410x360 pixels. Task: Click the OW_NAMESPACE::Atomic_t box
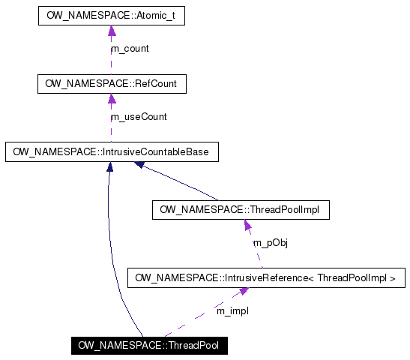click(x=112, y=15)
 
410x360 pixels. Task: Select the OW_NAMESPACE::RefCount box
click(x=112, y=83)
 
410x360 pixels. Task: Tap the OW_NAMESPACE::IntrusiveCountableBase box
click(x=112, y=152)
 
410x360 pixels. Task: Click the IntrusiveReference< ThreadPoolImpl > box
click(x=267, y=278)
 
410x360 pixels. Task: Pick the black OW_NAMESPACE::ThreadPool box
click(x=148, y=346)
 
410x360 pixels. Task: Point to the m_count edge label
click(x=130, y=49)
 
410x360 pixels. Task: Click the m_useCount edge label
click(x=139, y=117)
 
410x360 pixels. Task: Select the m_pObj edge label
click(x=270, y=243)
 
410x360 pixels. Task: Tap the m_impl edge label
click(x=232, y=310)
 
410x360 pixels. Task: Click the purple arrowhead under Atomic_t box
click(x=112, y=31)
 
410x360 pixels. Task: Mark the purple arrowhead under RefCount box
click(x=112, y=99)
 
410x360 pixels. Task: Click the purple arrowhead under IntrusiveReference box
click(x=244, y=292)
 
